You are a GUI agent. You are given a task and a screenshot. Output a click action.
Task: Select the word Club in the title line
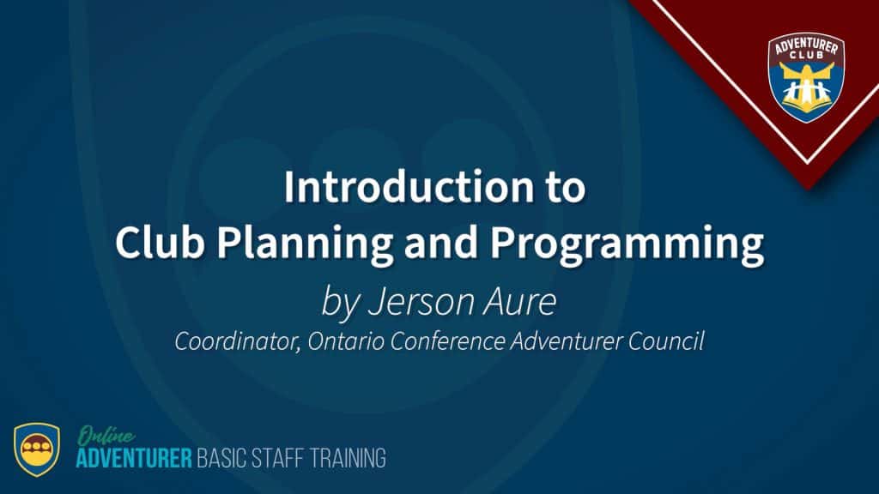(x=159, y=242)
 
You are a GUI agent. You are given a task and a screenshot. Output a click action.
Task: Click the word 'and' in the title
(x=441, y=242)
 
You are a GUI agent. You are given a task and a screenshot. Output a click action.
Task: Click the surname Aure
(x=519, y=302)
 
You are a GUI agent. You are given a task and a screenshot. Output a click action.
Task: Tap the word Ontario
(x=345, y=341)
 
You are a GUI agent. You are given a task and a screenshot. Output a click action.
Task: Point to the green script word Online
(x=106, y=436)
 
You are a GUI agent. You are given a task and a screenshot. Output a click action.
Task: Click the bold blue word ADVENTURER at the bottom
(x=134, y=458)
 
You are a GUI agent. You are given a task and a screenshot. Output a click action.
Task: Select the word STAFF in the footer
(x=278, y=458)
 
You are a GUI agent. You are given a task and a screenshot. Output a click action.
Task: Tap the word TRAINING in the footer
(x=349, y=458)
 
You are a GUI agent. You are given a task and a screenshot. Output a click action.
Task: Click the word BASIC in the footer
(x=221, y=458)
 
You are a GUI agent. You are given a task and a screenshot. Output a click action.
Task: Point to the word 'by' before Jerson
(x=340, y=303)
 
